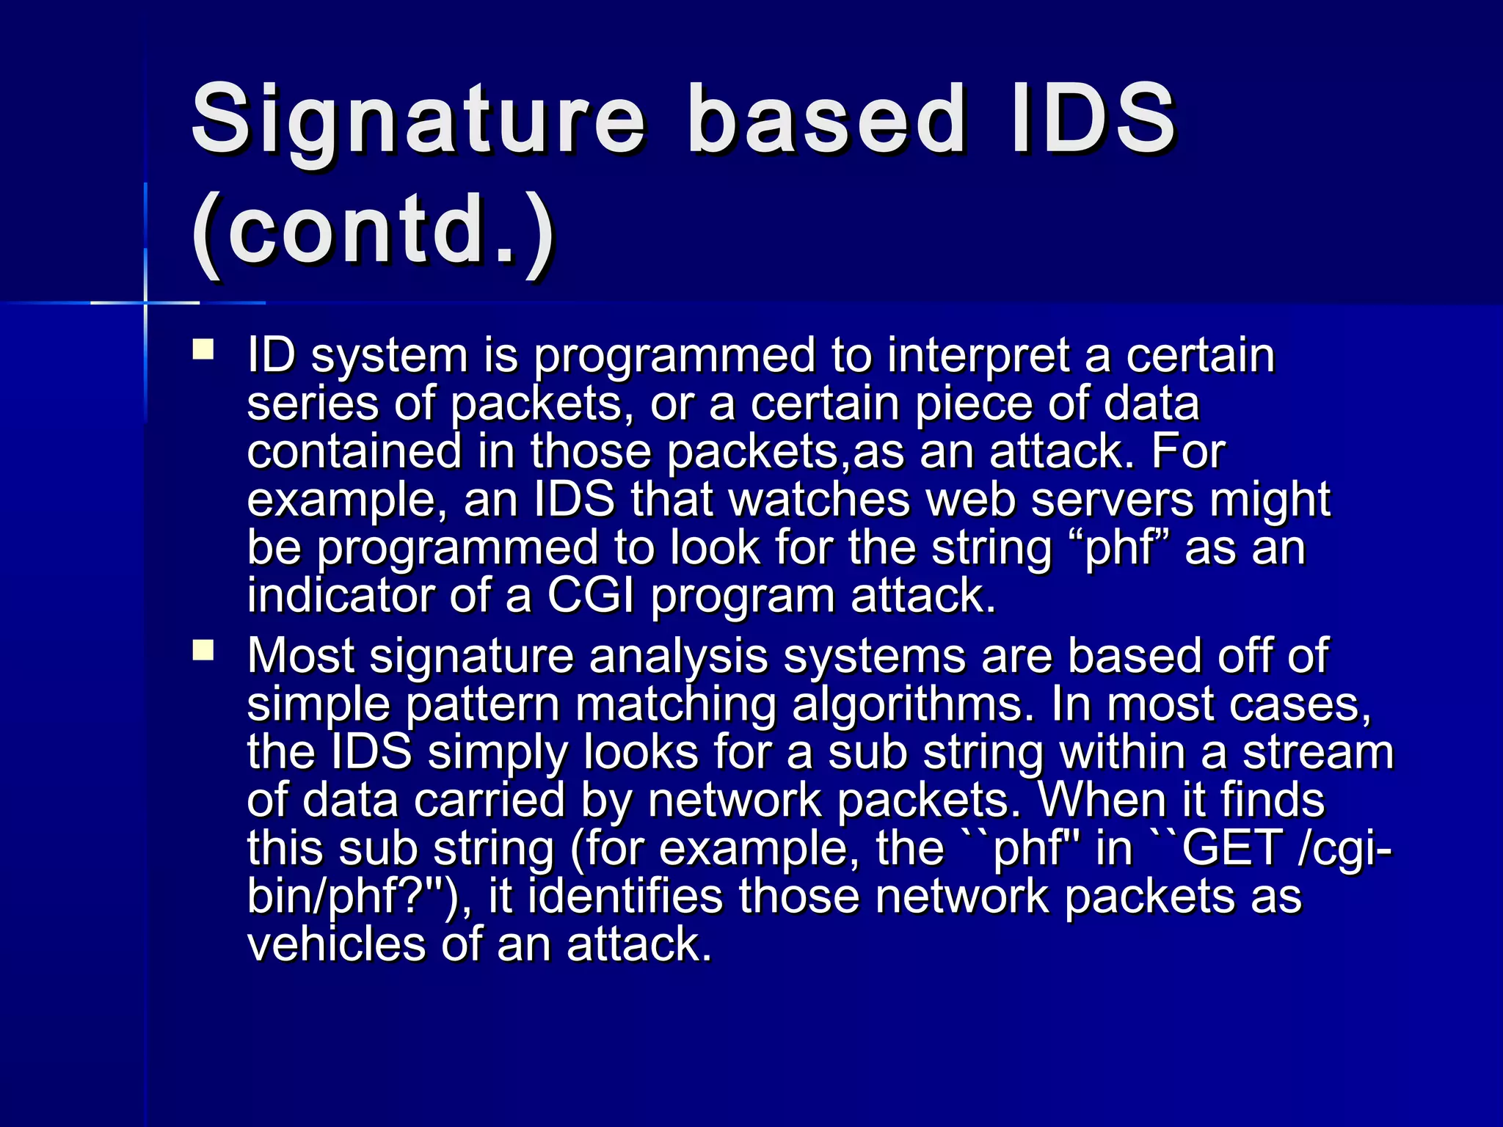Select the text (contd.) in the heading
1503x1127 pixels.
pos(373,231)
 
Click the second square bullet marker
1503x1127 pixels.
pos(203,650)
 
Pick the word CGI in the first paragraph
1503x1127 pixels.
pos(591,596)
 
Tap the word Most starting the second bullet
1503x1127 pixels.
pos(301,655)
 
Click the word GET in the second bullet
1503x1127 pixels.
pos(1231,848)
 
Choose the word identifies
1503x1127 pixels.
pos(625,897)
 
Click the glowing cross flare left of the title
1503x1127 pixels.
pos(145,302)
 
